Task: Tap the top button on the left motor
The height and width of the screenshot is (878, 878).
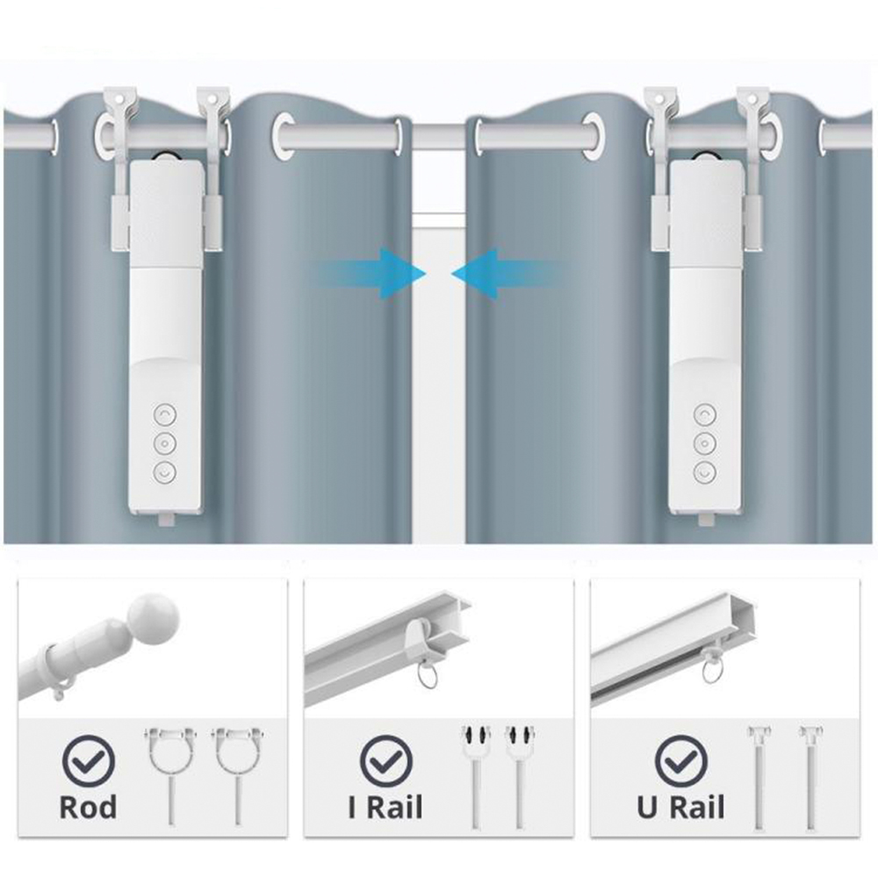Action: coord(165,415)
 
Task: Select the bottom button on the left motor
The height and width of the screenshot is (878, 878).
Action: coord(165,472)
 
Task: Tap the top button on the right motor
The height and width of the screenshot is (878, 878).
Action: coord(705,415)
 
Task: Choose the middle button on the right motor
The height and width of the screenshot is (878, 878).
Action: coord(705,443)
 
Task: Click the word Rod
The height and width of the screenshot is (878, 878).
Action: coord(88,808)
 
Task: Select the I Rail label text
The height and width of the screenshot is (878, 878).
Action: coord(385,808)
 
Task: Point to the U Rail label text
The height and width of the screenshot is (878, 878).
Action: coord(680,808)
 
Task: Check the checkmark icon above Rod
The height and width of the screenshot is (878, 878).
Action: coord(89,761)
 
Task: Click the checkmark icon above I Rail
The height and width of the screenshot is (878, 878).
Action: coord(386,761)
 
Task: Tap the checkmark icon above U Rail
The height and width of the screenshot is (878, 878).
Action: coord(681,761)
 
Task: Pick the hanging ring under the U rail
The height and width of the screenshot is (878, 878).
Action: coord(712,670)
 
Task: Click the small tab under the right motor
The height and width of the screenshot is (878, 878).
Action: coord(707,520)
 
